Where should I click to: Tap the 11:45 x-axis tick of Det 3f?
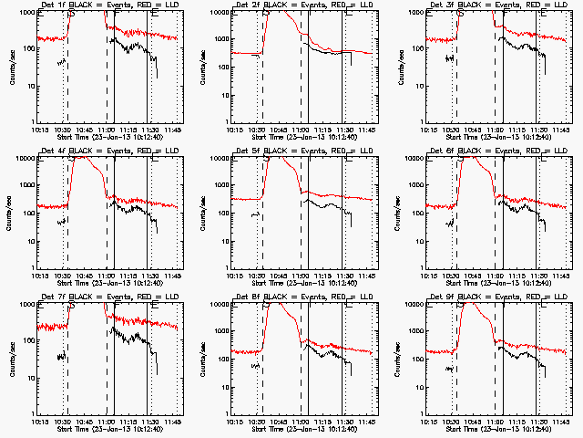[561, 130]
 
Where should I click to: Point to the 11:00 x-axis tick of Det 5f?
[302, 276]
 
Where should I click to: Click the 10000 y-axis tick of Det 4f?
[24, 159]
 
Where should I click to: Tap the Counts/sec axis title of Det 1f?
[12, 67]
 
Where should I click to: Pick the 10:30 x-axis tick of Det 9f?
[453, 422]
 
